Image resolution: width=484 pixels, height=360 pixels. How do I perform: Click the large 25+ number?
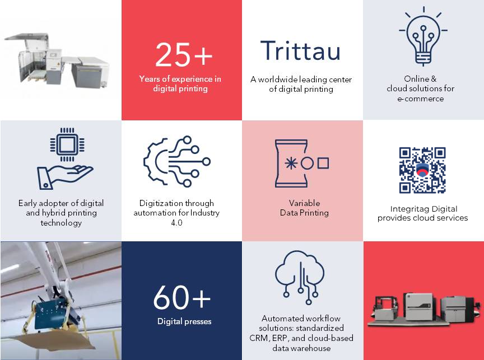[184, 55]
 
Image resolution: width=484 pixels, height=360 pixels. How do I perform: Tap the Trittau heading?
[300, 50]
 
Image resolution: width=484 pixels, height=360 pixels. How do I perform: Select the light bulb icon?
[423, 36]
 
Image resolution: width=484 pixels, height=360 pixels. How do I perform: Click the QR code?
[422, 170]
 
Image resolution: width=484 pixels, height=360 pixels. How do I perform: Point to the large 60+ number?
[182, 297]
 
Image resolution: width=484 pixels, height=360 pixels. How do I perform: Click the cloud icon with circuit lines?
[299, 277]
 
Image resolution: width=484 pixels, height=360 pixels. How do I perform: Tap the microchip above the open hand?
[67, 144]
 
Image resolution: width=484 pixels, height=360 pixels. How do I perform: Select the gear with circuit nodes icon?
[177, 161]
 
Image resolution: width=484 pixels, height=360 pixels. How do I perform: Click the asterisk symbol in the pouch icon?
[291, 163]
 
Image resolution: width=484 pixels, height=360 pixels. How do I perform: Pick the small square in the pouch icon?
[323, 163]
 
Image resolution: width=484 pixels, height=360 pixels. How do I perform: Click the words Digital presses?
[184, 321]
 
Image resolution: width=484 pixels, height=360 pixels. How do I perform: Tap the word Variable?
[304, 203]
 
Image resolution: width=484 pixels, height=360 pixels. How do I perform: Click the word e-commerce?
[420, 99]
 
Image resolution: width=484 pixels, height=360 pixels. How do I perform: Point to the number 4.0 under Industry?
[176, 223]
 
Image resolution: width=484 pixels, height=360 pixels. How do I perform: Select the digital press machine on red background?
[424, 310]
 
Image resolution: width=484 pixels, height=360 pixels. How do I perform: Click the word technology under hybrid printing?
[61, 223]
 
